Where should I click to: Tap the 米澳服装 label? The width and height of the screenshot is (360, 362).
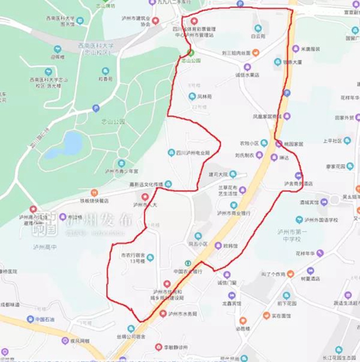pos(311,49)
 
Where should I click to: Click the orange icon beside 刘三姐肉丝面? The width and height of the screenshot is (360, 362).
pos(256,53)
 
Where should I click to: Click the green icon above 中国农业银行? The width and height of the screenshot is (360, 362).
pos(188,264)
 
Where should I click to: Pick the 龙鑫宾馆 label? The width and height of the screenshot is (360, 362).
pos(231,303)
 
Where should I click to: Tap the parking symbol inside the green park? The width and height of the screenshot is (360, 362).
pos(96,107)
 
